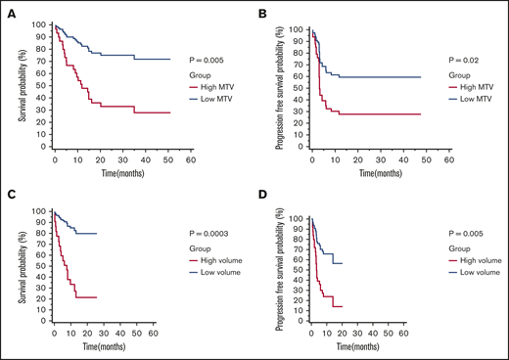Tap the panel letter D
[264, 192]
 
